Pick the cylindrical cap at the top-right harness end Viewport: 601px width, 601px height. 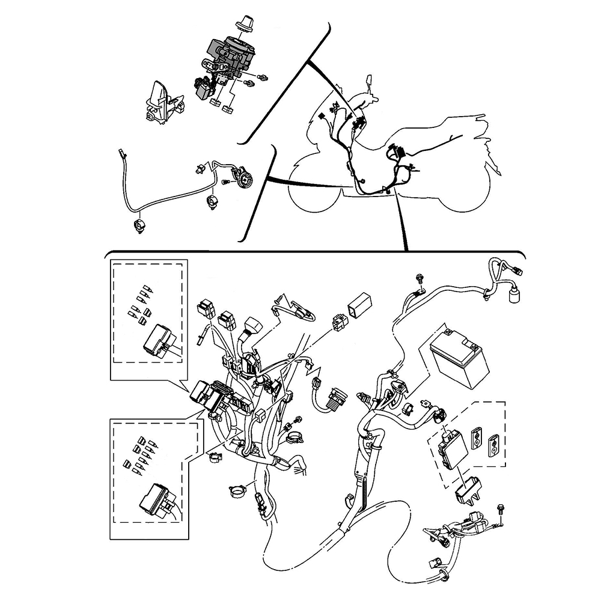click(514, 296)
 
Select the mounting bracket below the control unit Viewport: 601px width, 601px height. click(469, 489)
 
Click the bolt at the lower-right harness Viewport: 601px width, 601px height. click(501, 509)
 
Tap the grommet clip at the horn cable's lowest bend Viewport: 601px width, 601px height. click(140, 226)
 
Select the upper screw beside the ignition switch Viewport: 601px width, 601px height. click(263, 78)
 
